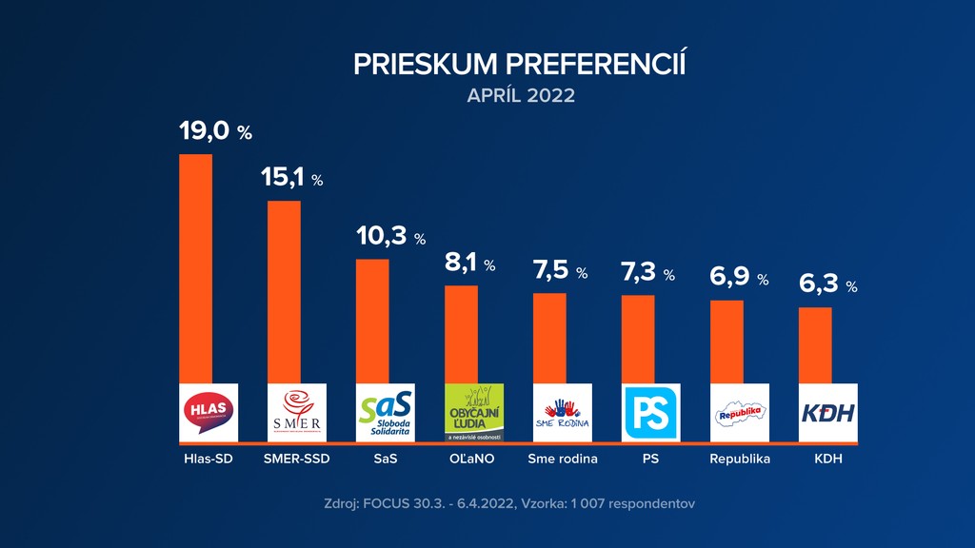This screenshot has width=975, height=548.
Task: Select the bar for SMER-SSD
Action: click(x=284, y=291)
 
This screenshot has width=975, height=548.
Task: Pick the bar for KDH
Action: click(x=815, y=344)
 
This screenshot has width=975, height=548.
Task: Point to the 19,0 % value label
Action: click(x=215, y=131)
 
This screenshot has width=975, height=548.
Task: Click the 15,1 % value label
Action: click(x=292, y=178)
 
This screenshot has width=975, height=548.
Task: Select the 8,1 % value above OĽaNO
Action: click(x=470, y=264)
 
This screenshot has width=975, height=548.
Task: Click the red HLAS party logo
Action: click(x=209, y=412)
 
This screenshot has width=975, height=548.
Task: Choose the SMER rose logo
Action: click(x=297, y=412)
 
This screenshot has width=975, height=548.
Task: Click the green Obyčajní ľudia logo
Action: click(x=474, y=412)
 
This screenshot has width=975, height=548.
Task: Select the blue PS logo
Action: click(x=651, y=412)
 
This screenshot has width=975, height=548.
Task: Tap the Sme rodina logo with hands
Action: click(x=563, y=412)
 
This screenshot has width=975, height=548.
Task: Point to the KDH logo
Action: click(x=828, y=412)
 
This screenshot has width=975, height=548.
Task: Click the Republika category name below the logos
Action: click(x=740, y=459)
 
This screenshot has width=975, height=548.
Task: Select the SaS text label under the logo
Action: click(x=385, y=459)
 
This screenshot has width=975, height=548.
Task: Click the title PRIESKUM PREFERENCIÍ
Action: click(x=520, y=64)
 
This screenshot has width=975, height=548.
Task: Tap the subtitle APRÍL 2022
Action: click(x=521, y=96)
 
